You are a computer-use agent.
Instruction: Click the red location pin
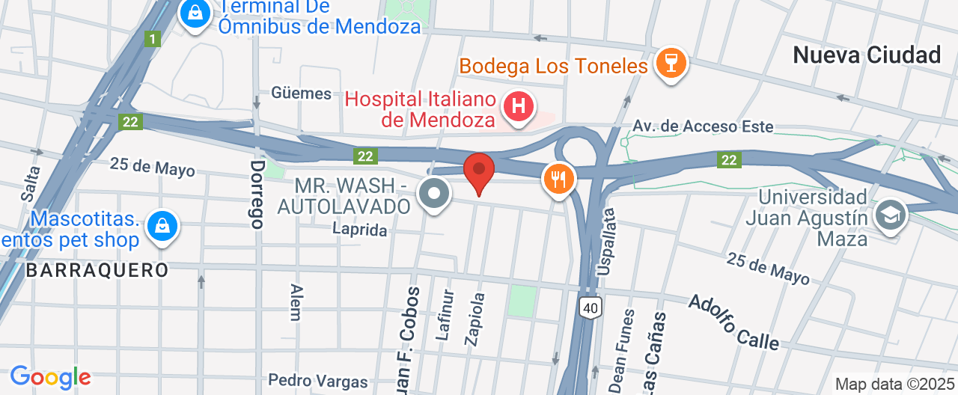tap(479, 172)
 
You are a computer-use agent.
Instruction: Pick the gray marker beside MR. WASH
tap(434, 195)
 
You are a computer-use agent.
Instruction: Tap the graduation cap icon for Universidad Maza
tap(891, 215)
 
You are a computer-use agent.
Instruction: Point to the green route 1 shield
tap(153, 39)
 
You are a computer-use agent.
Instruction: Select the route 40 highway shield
tap(591, 307)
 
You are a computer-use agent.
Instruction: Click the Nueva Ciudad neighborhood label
tap(867, 55)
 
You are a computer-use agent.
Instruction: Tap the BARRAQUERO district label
tap(97, 270)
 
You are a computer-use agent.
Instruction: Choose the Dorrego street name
tap(257, 194)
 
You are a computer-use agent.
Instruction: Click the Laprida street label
tap(361, 230)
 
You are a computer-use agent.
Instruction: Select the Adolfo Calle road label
tap(733, 322)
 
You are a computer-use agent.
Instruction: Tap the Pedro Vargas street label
tap(317, 381)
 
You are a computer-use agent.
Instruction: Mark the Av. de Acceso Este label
tap(703, 126)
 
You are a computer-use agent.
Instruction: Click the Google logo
tap(50, 376)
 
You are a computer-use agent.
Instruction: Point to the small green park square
tap(523, 301)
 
